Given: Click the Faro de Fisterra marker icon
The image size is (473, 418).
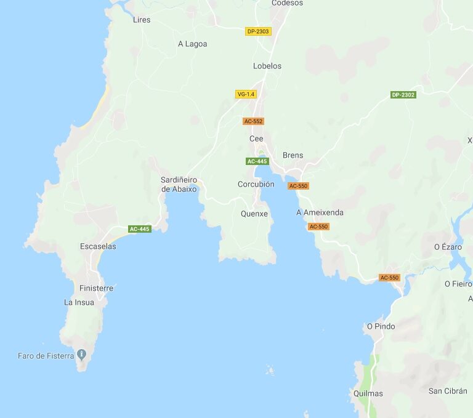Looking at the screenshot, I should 81,355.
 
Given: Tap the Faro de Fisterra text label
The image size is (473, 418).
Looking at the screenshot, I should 46,356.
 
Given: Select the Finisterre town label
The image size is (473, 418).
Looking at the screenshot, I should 96,288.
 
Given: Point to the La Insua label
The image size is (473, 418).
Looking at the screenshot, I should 79,302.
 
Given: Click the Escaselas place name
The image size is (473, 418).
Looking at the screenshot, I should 98,246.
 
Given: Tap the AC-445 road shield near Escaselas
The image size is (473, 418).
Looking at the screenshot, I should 140,229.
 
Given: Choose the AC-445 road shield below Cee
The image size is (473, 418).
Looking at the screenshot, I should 257,161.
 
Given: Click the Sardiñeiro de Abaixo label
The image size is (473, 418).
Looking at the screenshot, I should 179,185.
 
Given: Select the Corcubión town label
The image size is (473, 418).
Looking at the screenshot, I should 256,184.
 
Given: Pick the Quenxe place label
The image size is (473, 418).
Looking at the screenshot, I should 254,214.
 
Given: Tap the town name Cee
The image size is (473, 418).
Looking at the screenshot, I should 256,139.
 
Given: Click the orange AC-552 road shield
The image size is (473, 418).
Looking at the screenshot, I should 253,121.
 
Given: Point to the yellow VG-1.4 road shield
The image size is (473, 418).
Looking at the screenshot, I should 245,94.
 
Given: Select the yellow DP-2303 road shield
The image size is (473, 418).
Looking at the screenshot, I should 258,31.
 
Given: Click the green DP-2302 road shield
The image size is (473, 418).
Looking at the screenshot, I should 403,95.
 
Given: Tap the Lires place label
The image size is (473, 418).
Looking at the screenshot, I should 142,20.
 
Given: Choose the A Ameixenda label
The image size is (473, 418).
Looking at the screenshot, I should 320,212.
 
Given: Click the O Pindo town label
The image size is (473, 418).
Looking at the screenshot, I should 381,326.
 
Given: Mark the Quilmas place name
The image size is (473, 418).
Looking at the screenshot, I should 368,393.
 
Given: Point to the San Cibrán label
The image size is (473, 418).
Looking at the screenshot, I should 448,391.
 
